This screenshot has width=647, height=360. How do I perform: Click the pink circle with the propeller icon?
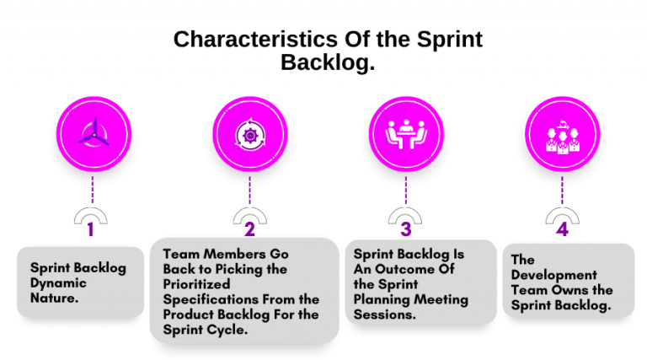tap(93, 134)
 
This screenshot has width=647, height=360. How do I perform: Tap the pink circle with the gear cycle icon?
tap(249, 134)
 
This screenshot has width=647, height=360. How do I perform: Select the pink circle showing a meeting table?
tap(407, 134)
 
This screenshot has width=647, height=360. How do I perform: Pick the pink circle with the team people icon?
tap(562, 134)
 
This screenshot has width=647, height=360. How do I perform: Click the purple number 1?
tap(92, 229)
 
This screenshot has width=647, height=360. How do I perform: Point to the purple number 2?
tap(249, 229)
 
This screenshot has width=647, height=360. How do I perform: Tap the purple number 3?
tap(406, 229)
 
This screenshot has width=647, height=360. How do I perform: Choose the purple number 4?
tap(562, 229)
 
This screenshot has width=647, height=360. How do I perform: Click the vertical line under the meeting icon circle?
tap(406, 189)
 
